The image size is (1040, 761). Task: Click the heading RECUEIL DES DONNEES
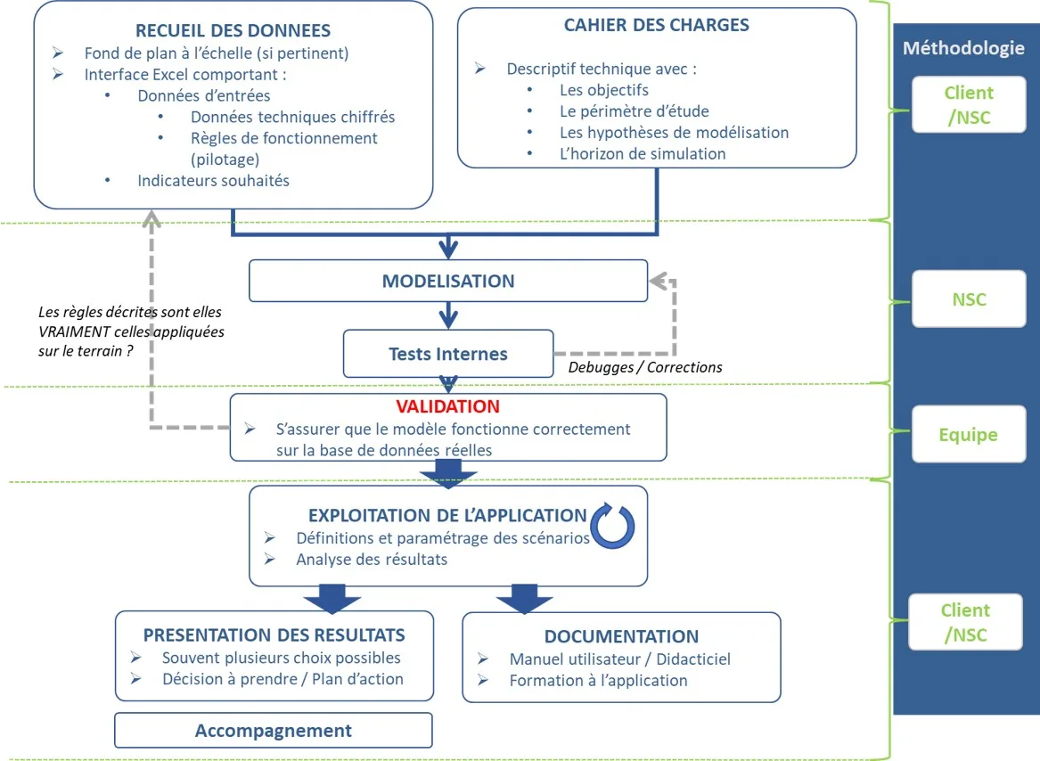[x=233, y=31]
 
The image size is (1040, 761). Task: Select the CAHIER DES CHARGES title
[x=656, y=25]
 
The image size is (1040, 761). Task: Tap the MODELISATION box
[x=448, y=281]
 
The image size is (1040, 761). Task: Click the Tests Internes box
[x=448, y=354]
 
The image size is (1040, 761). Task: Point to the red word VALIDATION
[x=448, y=406]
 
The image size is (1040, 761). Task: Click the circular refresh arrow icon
[x=613, y=527]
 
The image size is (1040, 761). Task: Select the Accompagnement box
[x=274, y=731]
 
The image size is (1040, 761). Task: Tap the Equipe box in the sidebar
[x=969, y=435]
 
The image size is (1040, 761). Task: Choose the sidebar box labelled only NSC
[x=969, y=299]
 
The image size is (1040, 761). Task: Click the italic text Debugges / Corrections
[x=644, y=367]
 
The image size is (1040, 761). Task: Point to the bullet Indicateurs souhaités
[x=213, y=181]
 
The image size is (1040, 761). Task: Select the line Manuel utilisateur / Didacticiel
[x=620, y=659]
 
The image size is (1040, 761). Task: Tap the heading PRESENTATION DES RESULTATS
[x=274, y=635]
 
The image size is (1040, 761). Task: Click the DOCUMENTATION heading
[x=621, y=636]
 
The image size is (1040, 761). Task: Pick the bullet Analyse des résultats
[x=372, y=560]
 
